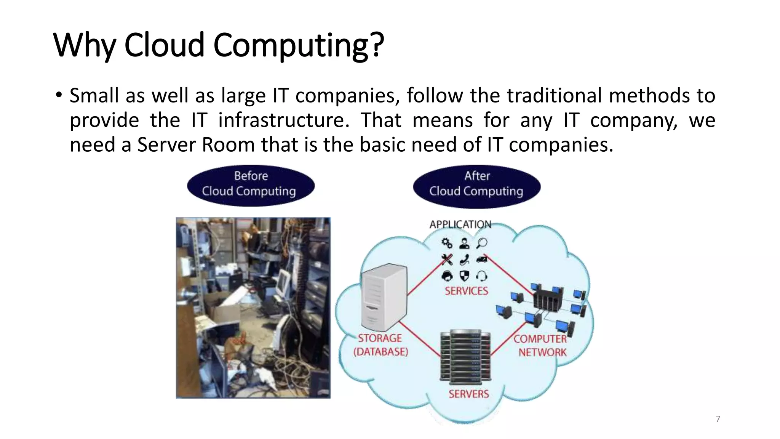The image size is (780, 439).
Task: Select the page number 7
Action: tap(718, 419)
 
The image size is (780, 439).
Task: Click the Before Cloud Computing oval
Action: tap(250, 186)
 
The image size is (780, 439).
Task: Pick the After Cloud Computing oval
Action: tap(476, 186)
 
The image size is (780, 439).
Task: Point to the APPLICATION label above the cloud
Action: tap(460, 224)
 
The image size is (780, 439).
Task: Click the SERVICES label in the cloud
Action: tap(466, 291)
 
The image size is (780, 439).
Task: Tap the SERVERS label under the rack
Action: tap(468, 394)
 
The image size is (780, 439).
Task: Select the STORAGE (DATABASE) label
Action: tap(380, 345)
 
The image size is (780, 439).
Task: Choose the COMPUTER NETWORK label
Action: tap(541, 346)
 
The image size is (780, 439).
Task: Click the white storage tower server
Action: tap(384, 297)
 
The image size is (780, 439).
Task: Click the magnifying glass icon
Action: tap(482, 243)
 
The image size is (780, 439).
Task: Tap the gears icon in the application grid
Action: tap(447, 243)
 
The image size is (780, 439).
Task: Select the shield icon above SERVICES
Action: tap(464, 276)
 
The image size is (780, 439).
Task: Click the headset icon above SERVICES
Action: tap(482, 276)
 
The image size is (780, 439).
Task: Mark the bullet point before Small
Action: tap(58, 95)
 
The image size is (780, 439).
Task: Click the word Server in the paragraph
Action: tap(166, 145)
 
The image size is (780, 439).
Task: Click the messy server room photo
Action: tap(253, 308)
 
